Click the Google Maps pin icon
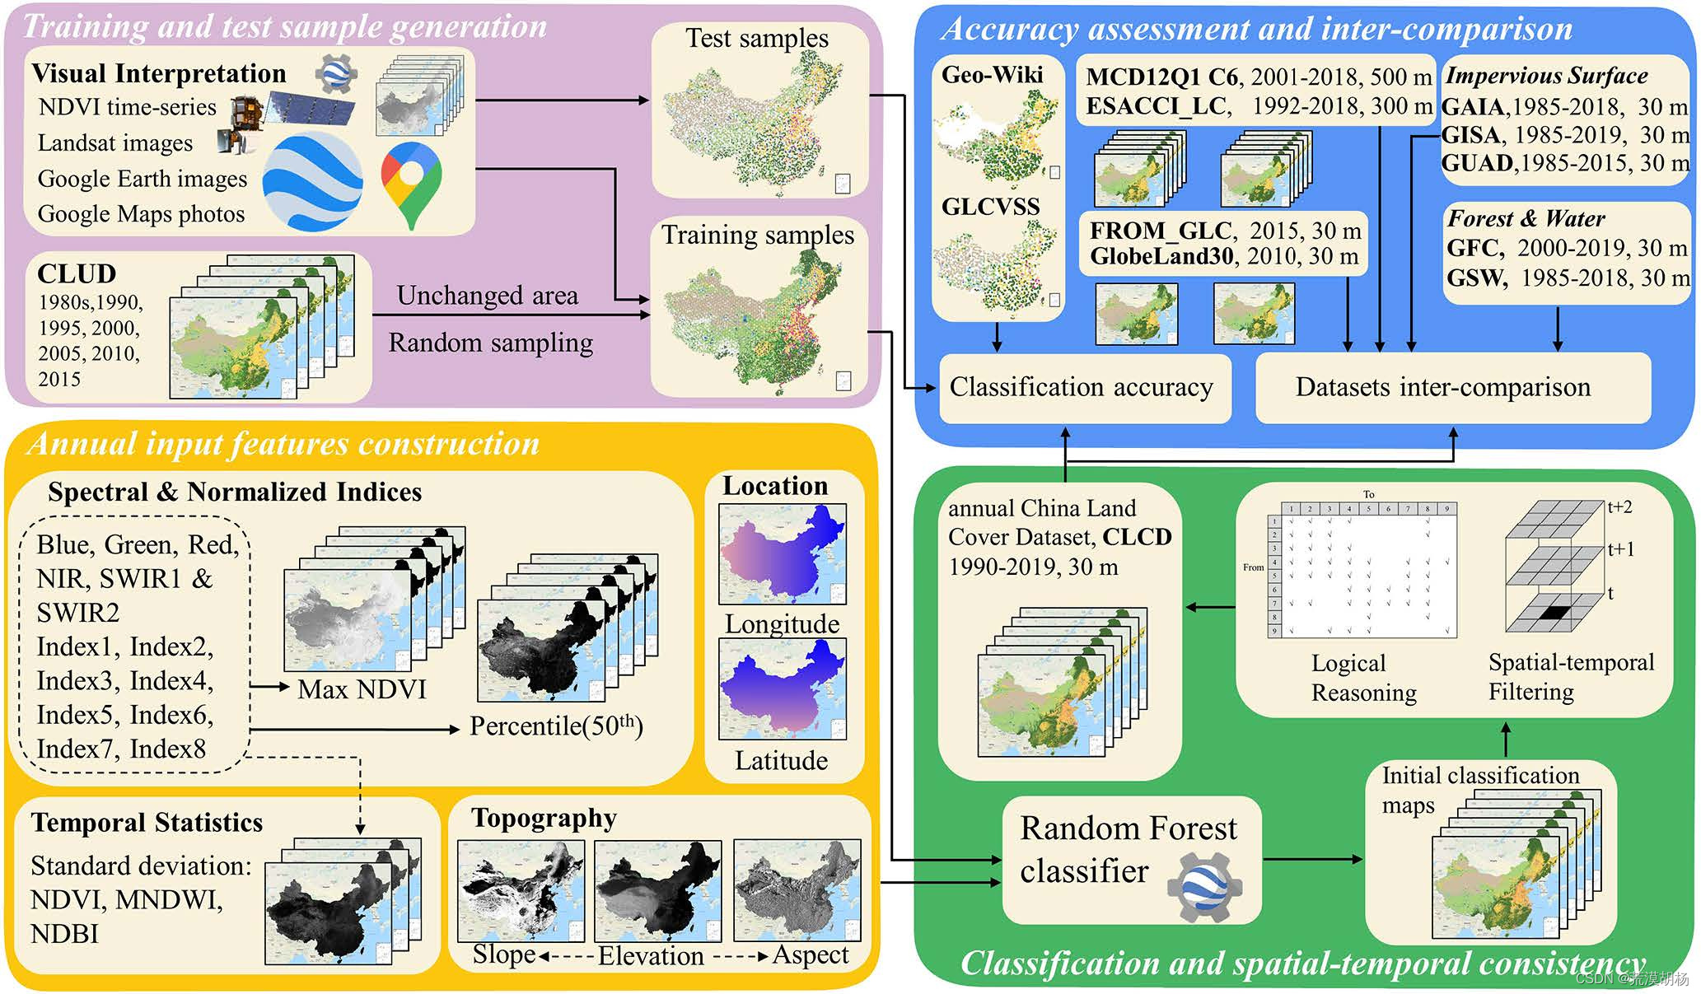click(411, 183)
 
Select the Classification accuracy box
click(1082, 387)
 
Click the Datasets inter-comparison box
click(1443, 387)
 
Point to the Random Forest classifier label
click(1128, 849)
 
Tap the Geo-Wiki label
click(992, 75)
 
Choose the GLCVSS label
click(990, 207)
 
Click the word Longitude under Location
click(782, 624)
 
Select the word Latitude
click(781, 760)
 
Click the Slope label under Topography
click(504, 954)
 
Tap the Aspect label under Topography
click(811, 954)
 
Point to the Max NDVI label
click(362, 689)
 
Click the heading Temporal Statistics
click(147, 823)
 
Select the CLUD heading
click(77, 274)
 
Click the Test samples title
click(757, 38)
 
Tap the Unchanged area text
click(487, 295)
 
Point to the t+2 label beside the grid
click(1619, 507)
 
